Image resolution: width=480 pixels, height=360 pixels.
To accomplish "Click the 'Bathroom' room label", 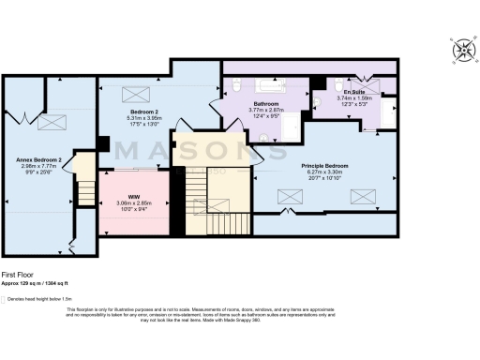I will click(x=264, y=104).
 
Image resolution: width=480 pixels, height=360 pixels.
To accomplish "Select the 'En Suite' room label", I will click(x=353, y=91).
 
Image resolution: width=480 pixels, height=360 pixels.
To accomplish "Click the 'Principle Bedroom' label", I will click(x=324, y=166).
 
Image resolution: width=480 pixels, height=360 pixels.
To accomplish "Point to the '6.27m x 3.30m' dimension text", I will click(x=324, y=172).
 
